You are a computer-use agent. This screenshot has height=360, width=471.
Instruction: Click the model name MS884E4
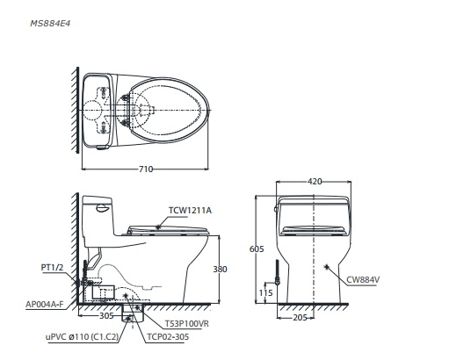[x=50, y=24]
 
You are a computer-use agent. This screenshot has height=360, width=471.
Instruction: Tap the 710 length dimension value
[x=146, y=169]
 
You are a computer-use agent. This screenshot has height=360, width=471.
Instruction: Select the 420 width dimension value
[x=315, y=182]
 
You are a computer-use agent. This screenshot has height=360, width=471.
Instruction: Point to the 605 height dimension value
[x=257, y=248]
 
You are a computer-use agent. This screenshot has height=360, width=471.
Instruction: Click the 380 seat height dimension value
[x=221, y=269]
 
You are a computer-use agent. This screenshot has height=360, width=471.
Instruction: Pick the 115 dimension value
[x=266, y=292]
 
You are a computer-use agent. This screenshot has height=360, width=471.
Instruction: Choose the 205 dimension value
[x=300, y=317]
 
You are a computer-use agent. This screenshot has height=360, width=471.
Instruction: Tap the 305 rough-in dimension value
[x=106, y=315]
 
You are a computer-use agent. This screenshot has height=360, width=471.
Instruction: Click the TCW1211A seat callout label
[x=190, y=211]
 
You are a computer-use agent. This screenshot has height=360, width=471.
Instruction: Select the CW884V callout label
[x=363, y=280]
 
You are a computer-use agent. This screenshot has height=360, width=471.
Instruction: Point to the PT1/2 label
[x=52, y=267]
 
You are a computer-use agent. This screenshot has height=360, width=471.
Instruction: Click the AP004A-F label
[x=45, y=305]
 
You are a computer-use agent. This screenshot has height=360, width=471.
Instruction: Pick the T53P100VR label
[x=186, y=324]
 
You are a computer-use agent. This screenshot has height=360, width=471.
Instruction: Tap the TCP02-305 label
[x=168, y=337]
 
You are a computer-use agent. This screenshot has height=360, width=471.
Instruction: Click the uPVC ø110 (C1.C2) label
[x=83, y=337]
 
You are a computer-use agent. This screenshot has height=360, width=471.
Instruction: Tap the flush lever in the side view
[x=102, y=208]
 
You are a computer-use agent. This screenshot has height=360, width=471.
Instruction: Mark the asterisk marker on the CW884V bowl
[x=327, y=266]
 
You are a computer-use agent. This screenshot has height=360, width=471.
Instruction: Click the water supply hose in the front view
[x=278, y=271]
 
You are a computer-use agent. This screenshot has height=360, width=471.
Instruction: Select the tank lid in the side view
[x=97, y=199]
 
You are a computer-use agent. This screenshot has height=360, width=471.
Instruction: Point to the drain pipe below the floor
[x=131, y=313]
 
